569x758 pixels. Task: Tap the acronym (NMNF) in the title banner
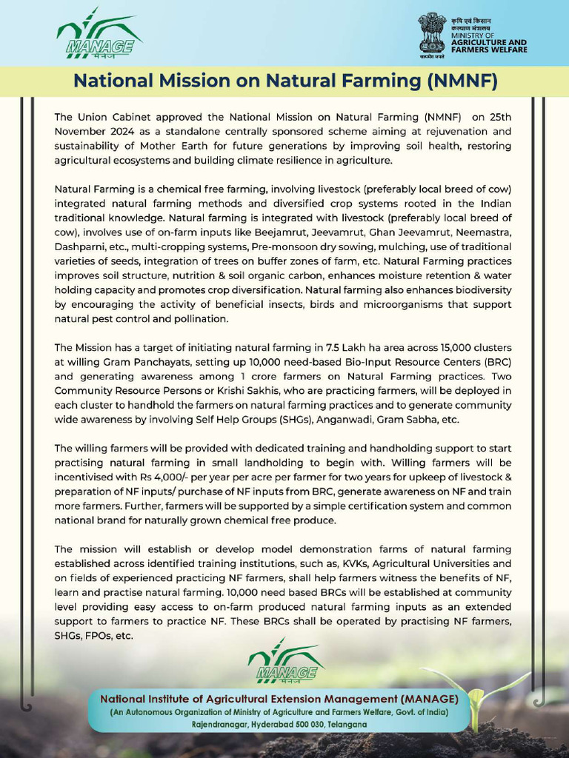460,80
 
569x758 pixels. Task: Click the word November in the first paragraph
82,131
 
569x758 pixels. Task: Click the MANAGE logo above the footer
285,660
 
